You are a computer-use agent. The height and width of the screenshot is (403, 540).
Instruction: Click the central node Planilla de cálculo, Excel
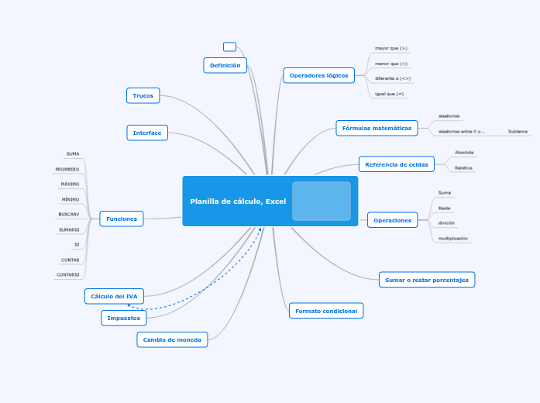(x=239, y=201)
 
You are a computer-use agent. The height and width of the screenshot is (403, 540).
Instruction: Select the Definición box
(x=225, y=65)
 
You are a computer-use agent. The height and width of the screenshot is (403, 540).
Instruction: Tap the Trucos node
(x=143, y=95)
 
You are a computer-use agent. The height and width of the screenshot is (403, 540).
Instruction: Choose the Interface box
(x=147, y=133)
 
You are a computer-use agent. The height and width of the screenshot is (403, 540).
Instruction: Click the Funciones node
(x=122, y=219)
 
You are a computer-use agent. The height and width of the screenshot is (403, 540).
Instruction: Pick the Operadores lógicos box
(x=319, y=75)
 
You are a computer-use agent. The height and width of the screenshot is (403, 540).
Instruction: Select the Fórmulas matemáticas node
(x=377, y=128)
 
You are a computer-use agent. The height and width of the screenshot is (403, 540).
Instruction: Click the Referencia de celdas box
(x=397, y=164)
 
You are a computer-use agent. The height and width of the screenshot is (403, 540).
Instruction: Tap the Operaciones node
(x=393, y=220)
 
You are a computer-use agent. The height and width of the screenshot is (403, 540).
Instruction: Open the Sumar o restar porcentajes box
(x=427, y=280)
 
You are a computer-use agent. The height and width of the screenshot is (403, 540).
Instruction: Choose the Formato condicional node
(x=326, y=311)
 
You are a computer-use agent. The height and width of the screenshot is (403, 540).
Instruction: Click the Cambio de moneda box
(x=173, y=339)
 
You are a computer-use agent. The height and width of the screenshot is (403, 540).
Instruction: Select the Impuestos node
(x=124, y=318)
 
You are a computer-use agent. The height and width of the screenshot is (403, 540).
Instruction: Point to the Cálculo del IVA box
(x=114, y=296)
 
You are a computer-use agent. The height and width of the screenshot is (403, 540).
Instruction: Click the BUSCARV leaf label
(x=69, y=214)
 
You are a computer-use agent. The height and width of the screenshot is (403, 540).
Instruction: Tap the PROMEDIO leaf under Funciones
(x=67, y=169)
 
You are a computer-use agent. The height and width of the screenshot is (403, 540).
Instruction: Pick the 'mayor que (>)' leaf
(x=391, y=48)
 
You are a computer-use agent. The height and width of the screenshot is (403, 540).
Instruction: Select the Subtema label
(x=518, y=132)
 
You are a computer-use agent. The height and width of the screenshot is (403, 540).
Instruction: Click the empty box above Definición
(x=229, y=46)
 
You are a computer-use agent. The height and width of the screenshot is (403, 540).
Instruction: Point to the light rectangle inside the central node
(x=322, y=201)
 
